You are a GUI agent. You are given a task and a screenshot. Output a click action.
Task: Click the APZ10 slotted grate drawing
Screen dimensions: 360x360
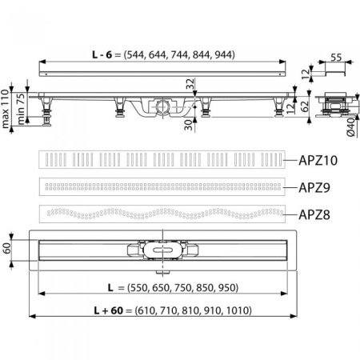tap(162, 159)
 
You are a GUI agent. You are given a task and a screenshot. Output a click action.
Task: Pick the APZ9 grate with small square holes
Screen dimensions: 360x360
tap(162, 187)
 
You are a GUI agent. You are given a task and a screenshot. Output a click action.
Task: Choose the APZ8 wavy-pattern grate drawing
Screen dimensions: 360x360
tap(162, 214)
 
